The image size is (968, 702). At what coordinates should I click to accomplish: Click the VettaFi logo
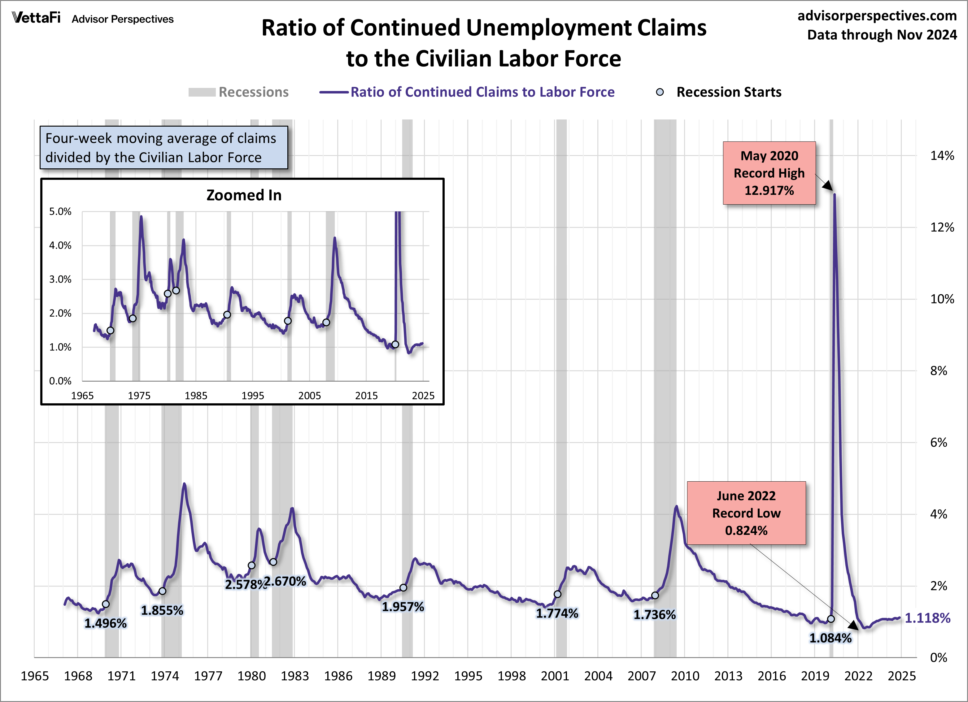tap(36, 18)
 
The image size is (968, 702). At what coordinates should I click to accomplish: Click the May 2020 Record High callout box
tap(769, 173)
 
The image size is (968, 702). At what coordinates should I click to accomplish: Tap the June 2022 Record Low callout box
tap(746, 513)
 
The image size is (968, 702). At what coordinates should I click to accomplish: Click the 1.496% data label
tap(105, 623)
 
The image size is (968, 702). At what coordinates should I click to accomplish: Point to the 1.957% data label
tap(403, 607)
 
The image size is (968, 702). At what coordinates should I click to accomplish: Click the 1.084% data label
tap(830, 639)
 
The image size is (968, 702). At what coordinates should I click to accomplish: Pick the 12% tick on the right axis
tap(942, 227)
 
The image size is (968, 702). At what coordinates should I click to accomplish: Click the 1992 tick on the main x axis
tap(425, 676)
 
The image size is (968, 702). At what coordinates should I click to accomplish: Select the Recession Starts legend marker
tap(660, 92)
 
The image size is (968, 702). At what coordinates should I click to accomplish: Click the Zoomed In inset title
tap(244, 195)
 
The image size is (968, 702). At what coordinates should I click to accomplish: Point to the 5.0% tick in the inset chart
tap(60, 212)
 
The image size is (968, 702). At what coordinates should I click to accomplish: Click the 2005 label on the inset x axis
tap(309, 396)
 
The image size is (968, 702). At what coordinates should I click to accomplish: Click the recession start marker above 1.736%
tap(655, 595)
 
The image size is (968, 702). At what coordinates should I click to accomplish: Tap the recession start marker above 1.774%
tap(557, 594)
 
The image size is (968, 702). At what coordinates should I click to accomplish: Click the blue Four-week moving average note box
tap(164, 148)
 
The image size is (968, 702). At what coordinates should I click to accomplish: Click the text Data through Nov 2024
tap(882, 35)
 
